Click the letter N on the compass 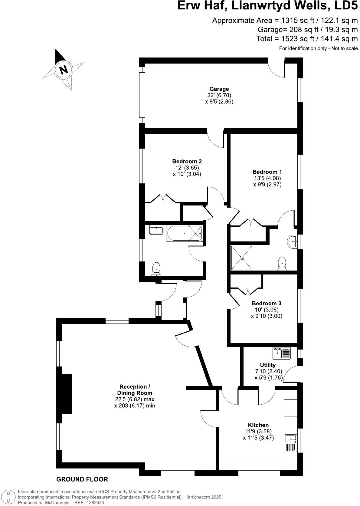(63, 70)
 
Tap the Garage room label (219, 89)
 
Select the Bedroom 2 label (187, 161)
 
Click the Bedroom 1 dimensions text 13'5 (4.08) (267, 178)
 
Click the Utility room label (268, 365)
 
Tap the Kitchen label (258, 425)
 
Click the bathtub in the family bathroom (184, 233)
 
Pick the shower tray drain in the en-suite (242, 258)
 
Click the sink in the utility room (281, 353)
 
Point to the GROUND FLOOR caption (82, 479)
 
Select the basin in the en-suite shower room (293, 241)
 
